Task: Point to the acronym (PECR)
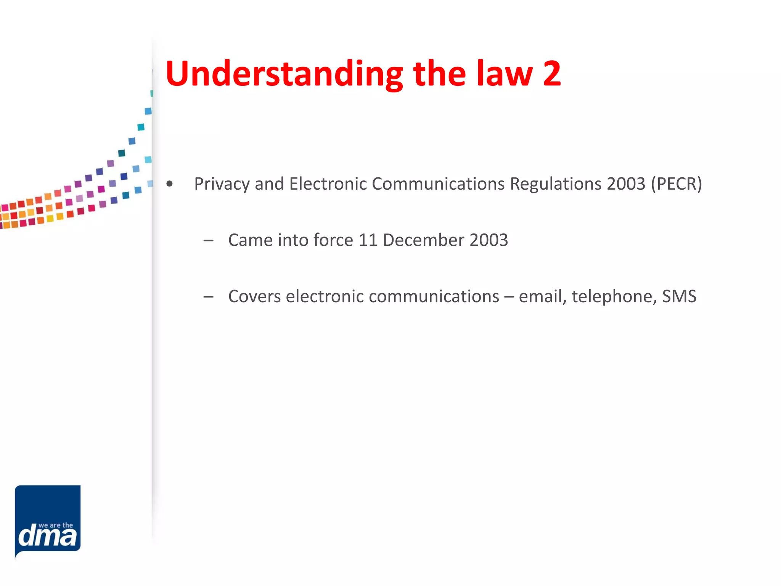point(677,184)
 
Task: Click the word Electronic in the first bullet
point(328,184)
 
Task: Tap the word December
point(423,240)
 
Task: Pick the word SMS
point(679,296)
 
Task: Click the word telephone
point(614,296)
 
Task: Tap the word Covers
point(254,296)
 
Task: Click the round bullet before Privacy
point(170,184)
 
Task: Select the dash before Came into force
point(208,241)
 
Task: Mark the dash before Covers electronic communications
point(208,297)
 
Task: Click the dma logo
point(48,520)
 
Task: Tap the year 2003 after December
point(489,240)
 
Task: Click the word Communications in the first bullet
point(438,184)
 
